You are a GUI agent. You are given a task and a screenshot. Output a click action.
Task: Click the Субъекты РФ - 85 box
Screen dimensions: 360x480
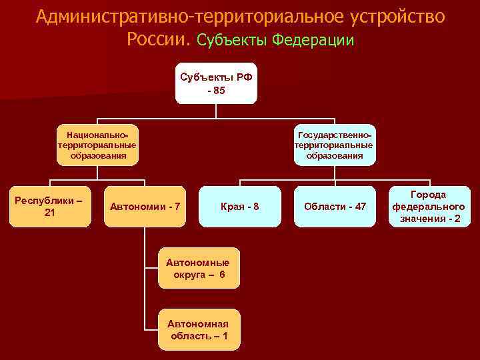216,83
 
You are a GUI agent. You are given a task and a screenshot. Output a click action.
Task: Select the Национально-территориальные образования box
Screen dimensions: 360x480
97,145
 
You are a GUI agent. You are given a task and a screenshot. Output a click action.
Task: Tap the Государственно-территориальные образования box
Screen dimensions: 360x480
335,145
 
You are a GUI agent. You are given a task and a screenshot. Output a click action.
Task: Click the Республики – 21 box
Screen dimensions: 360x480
49,206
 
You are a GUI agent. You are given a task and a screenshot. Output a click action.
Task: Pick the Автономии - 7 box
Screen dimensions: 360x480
145,206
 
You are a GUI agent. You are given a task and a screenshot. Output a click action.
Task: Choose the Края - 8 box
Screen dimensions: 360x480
240,206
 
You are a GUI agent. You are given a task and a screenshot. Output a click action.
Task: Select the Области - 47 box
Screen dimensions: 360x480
335,206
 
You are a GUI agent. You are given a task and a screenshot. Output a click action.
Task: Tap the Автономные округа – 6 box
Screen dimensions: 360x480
198,268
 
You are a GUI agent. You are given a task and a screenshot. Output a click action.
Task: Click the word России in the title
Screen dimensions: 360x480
158,39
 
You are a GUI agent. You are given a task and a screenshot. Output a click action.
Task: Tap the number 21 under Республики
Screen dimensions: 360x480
49,213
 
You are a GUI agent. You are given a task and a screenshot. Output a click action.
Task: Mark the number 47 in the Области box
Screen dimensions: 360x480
359,207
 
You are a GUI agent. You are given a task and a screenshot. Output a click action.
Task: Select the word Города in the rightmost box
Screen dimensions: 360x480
429,195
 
